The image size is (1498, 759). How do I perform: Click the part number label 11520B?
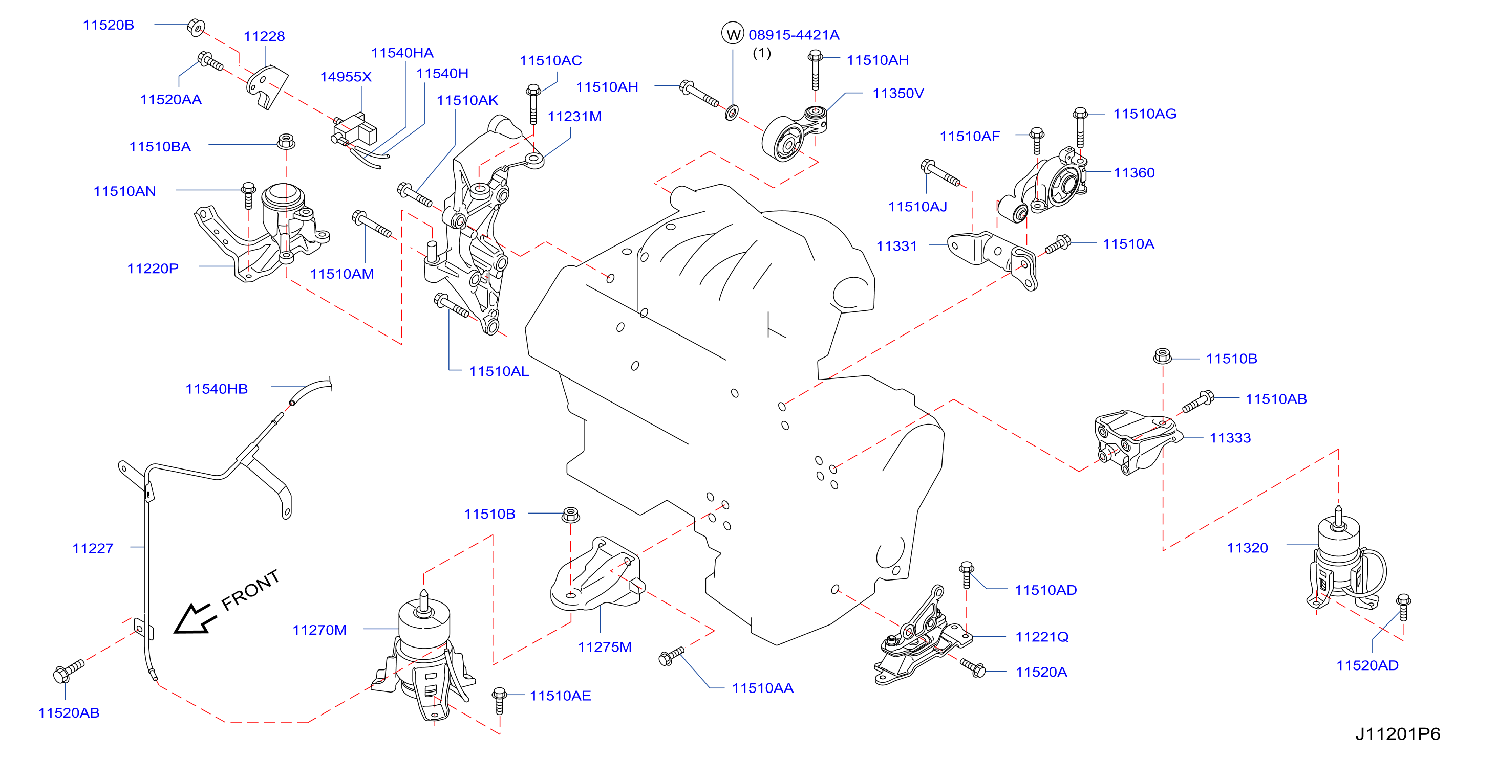[x=108, y=25]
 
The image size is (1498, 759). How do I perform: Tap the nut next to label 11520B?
[x=196, y=27]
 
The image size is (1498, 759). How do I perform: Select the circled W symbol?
[x=733, y=33]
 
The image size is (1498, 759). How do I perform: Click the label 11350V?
[x=898, y=93]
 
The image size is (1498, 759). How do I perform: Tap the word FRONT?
[x=251, y=590]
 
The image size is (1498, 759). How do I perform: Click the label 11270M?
[x=319, y=630]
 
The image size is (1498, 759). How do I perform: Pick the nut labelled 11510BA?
[x=286, y=141]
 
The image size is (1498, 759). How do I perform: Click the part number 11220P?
[x=153, y=269]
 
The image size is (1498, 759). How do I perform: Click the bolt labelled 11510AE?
[x=499, y=700]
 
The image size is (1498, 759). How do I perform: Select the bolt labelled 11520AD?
[x=1403, y=607]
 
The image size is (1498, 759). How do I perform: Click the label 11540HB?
[x=217, y=389]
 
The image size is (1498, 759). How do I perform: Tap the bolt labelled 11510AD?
[x=966, y=575]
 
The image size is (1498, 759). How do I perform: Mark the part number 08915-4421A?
[x=794, y=35]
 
